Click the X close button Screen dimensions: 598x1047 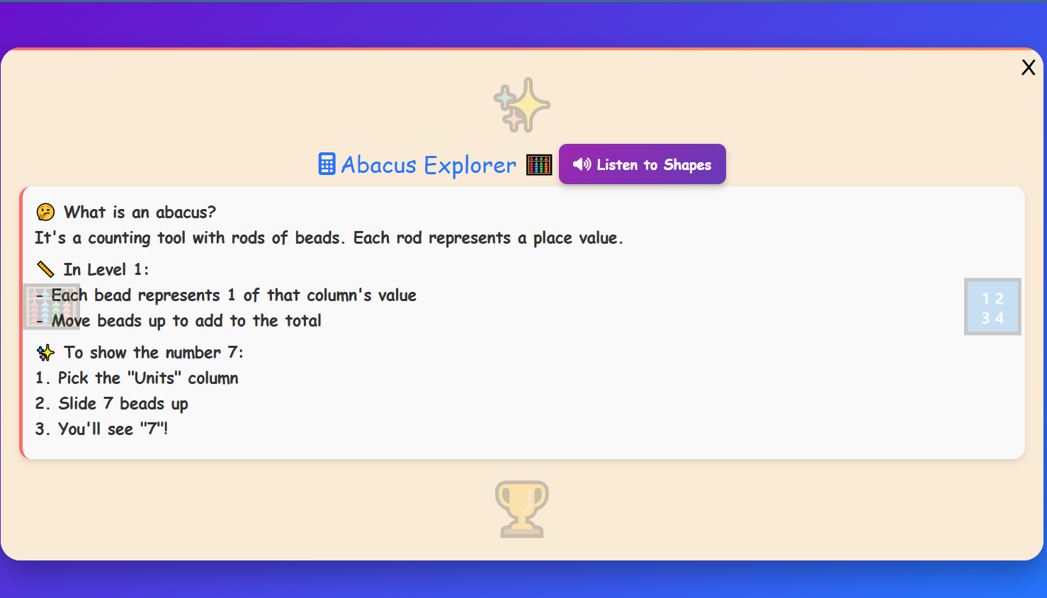[1028, 67]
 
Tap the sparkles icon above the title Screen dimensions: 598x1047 [522, 105]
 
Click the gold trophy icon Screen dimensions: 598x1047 [522, 509]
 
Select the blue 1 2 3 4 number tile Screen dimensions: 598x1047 [992, 307]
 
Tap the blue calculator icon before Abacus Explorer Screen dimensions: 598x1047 [327, 164]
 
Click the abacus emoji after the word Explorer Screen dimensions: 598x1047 [539, 165]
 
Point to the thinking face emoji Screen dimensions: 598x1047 [45, 212]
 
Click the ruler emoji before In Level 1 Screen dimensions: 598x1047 [45, 269]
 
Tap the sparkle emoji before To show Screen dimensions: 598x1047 [45, 352]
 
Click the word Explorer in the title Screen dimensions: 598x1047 [470, 165]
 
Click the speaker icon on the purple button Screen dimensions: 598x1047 [582, 164]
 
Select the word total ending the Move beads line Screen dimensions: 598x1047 [302, 320]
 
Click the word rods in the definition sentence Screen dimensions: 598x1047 [248, 237]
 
